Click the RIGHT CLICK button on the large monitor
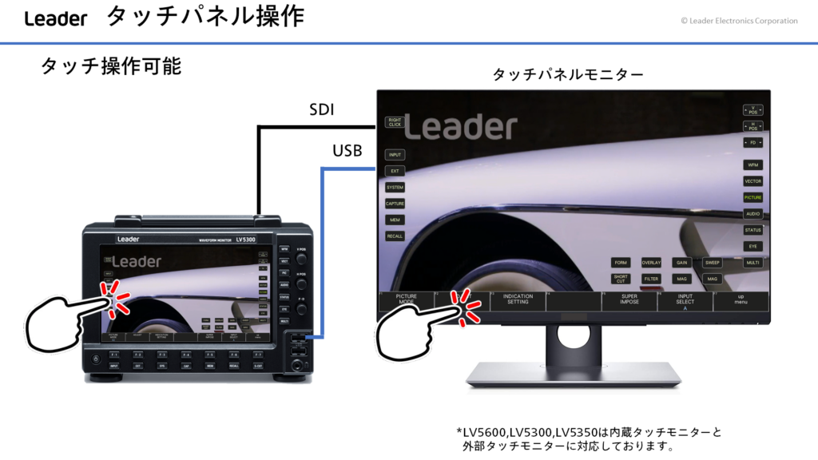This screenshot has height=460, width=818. click(395, 122)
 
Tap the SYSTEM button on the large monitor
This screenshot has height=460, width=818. click(395, 187)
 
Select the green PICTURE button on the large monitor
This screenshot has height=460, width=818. click(752, 196)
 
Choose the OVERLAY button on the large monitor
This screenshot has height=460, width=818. click(651, 262)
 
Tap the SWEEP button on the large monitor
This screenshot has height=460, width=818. click(713, 262)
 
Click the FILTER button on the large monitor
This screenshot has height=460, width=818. click(651, 279)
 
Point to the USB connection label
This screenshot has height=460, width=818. click(347, 150)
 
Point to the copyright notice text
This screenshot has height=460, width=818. click(739, 21)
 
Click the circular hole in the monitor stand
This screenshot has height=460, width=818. click(574, 336)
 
